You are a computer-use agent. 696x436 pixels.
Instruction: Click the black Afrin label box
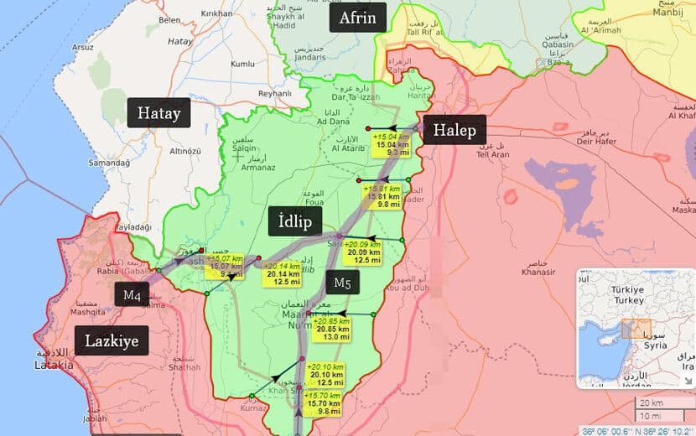(x=358, y=17)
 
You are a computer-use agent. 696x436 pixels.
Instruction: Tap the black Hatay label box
(x=158, y=113)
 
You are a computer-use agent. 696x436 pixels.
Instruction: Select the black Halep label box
(x=454, y=130)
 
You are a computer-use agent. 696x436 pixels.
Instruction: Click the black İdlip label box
(x=289, y=221)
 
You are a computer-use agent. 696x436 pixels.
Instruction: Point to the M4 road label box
(x=132, y=294)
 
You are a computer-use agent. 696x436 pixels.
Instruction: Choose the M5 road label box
(x=342, y=283)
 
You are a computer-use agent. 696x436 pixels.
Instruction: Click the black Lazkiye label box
(x=112, y=340)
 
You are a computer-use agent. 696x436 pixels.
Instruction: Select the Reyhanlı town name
(x=274, y=94)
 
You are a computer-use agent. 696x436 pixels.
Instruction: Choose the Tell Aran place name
(x=492, y=155)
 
